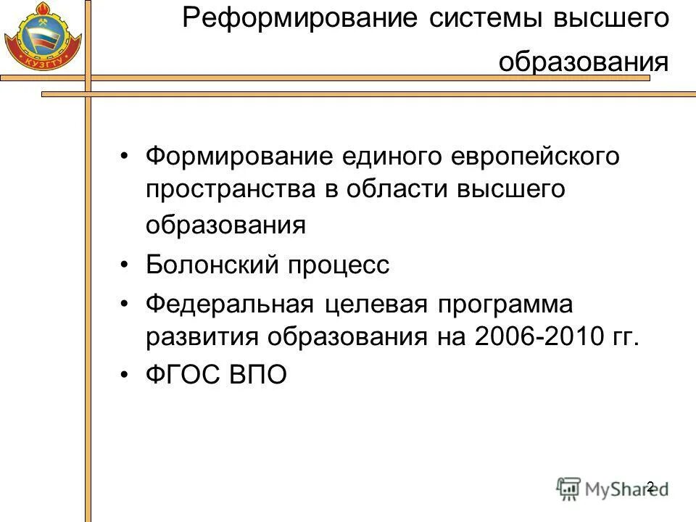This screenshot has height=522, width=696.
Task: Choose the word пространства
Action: click(x=230, y=191)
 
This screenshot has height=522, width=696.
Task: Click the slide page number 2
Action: click(x=650, y=486)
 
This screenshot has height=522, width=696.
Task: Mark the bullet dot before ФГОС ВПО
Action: click(x=125, y=376)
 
